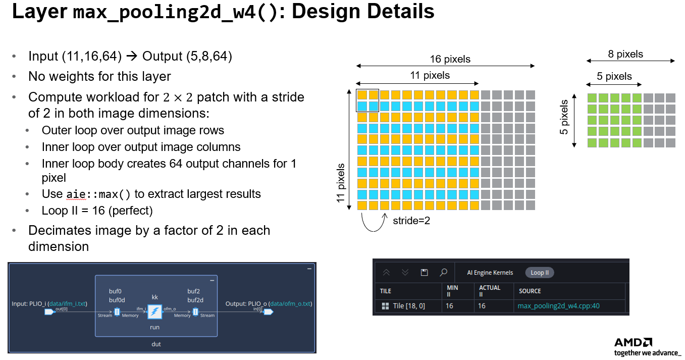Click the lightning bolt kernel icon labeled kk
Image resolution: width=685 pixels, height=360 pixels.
click(155, 312)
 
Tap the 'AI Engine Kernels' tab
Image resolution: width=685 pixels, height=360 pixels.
click(490, 273)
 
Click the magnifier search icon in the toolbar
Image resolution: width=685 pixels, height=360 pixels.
click(443, 273)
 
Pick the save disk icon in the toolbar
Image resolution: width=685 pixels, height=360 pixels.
click(425, 273)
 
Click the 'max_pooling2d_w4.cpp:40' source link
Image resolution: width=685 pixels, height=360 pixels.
click(558, 306)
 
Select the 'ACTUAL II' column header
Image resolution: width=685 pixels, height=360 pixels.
click(489, 291)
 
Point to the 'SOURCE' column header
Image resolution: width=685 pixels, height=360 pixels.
click(530, 291)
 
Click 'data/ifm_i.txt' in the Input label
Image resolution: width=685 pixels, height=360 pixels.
click(67, 304)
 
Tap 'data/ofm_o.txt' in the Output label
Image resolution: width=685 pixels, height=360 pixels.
click(290, 304)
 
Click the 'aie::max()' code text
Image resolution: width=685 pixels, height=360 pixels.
click(98, 194)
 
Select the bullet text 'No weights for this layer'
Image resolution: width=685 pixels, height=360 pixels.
click(99, 77)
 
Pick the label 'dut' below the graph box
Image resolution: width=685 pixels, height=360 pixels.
click(156, 344)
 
